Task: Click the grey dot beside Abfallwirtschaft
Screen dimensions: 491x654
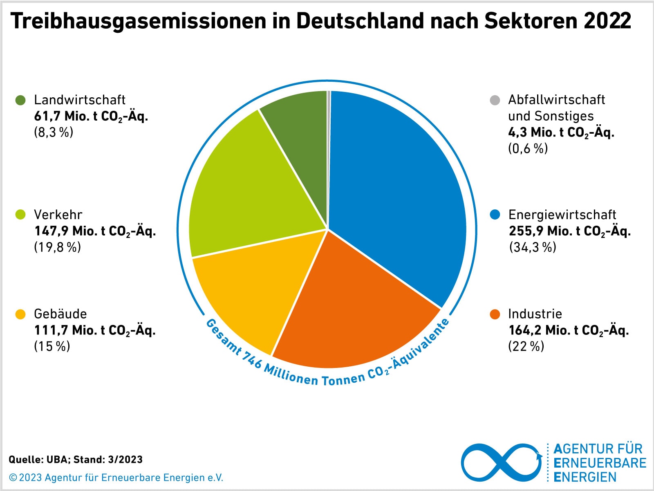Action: click(495, 100)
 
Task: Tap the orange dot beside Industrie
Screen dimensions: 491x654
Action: click(495, 314)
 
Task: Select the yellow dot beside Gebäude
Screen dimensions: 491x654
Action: click(20, 314)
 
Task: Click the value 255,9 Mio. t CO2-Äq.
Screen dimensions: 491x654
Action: click(569, 231)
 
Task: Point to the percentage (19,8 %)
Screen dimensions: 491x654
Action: click(57, 247)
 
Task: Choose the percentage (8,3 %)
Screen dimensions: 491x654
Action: click(53, 132)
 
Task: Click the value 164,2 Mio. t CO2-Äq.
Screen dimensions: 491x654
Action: click(568, 330)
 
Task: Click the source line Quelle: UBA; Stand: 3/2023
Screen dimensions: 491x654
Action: click(76, 460)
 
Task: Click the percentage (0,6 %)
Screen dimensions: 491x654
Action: click(528, 148)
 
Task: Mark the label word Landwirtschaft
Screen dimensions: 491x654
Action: click(80, 100)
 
